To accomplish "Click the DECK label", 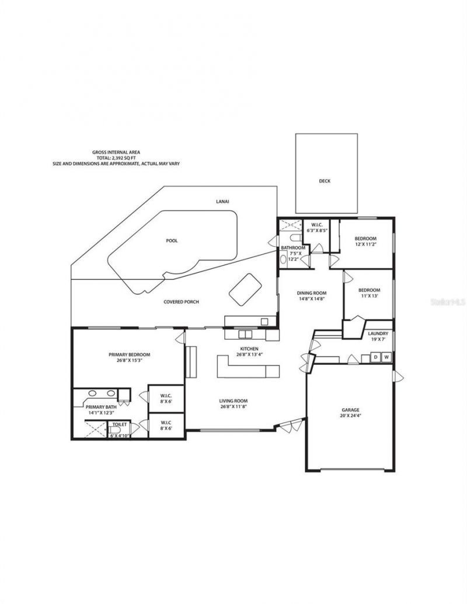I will point(325,181).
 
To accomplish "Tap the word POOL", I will point(172,241).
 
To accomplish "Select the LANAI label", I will point(222,202).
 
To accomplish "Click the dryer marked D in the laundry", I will point(376,357).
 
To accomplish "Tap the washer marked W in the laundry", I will point(386,357).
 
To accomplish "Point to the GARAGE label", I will point(350,410).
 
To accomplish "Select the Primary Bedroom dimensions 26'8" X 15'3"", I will point(130,360).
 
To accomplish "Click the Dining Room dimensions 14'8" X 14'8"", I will point(311,299).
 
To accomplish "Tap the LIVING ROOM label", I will point(233,401).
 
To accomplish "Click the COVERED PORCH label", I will point(181,302).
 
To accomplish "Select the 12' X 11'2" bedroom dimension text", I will point(366,245).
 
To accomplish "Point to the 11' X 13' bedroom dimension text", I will point(369,296).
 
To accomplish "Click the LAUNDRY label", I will point(379,333).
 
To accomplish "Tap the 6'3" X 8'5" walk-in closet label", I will point(317,230).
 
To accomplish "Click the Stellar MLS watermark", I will point(448,303).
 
